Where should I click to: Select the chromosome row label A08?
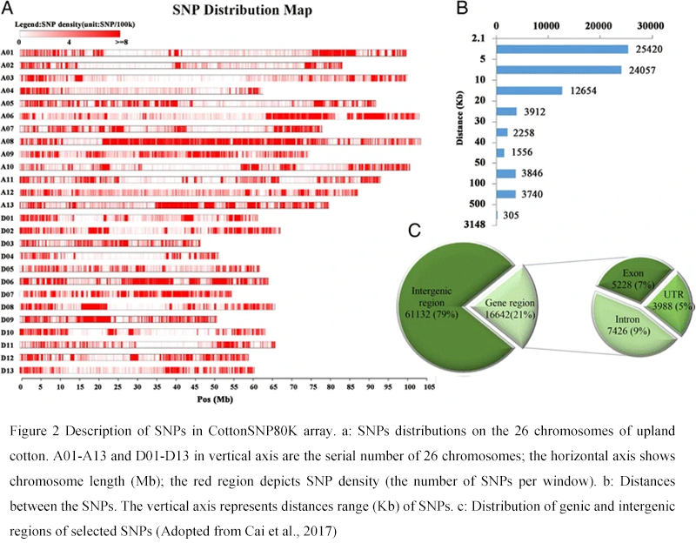[8, 141]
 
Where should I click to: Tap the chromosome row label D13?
[8, 371]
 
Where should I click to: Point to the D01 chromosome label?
[8, 217]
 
